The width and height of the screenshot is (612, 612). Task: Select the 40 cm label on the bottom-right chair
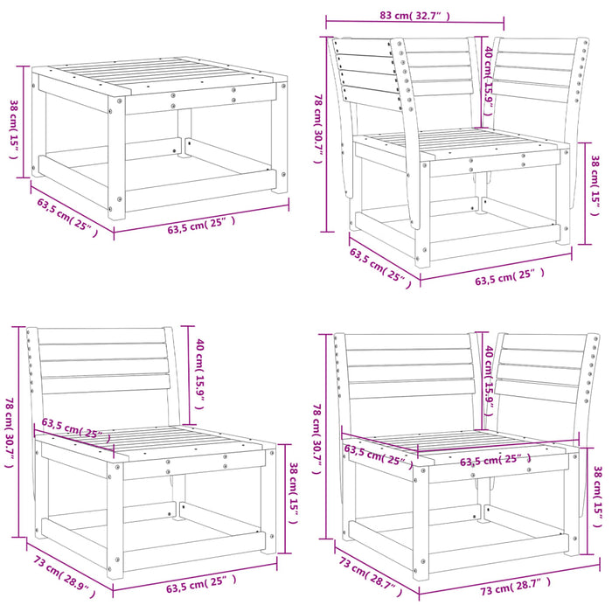point(490,379)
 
